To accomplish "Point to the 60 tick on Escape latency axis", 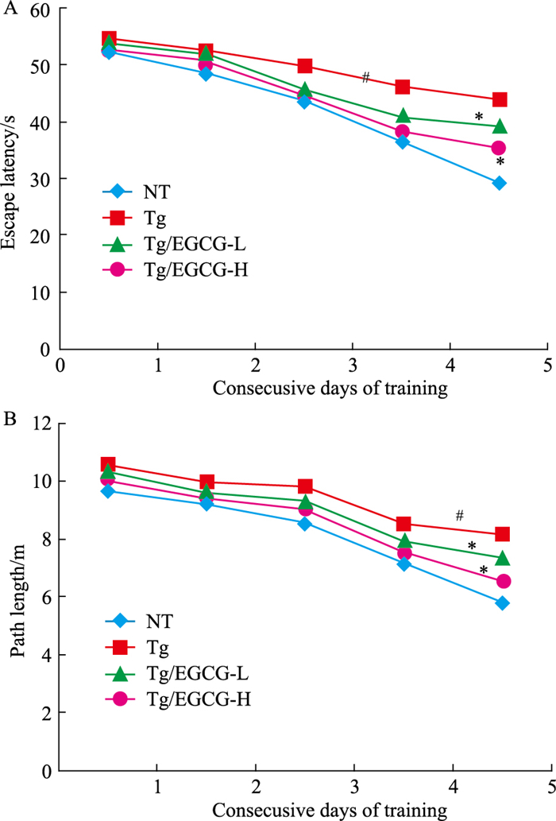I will coord(45,9).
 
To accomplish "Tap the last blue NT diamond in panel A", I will coord(499,183).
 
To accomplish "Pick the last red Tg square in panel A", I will coord(500,100).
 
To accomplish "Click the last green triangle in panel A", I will coord(499,126).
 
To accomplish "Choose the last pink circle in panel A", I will coord(499,148).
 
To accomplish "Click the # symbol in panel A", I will coord(365,77).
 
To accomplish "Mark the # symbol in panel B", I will coord(459,516).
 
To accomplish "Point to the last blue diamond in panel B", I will coord(501,603).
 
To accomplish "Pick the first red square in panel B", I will coord(109,465).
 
